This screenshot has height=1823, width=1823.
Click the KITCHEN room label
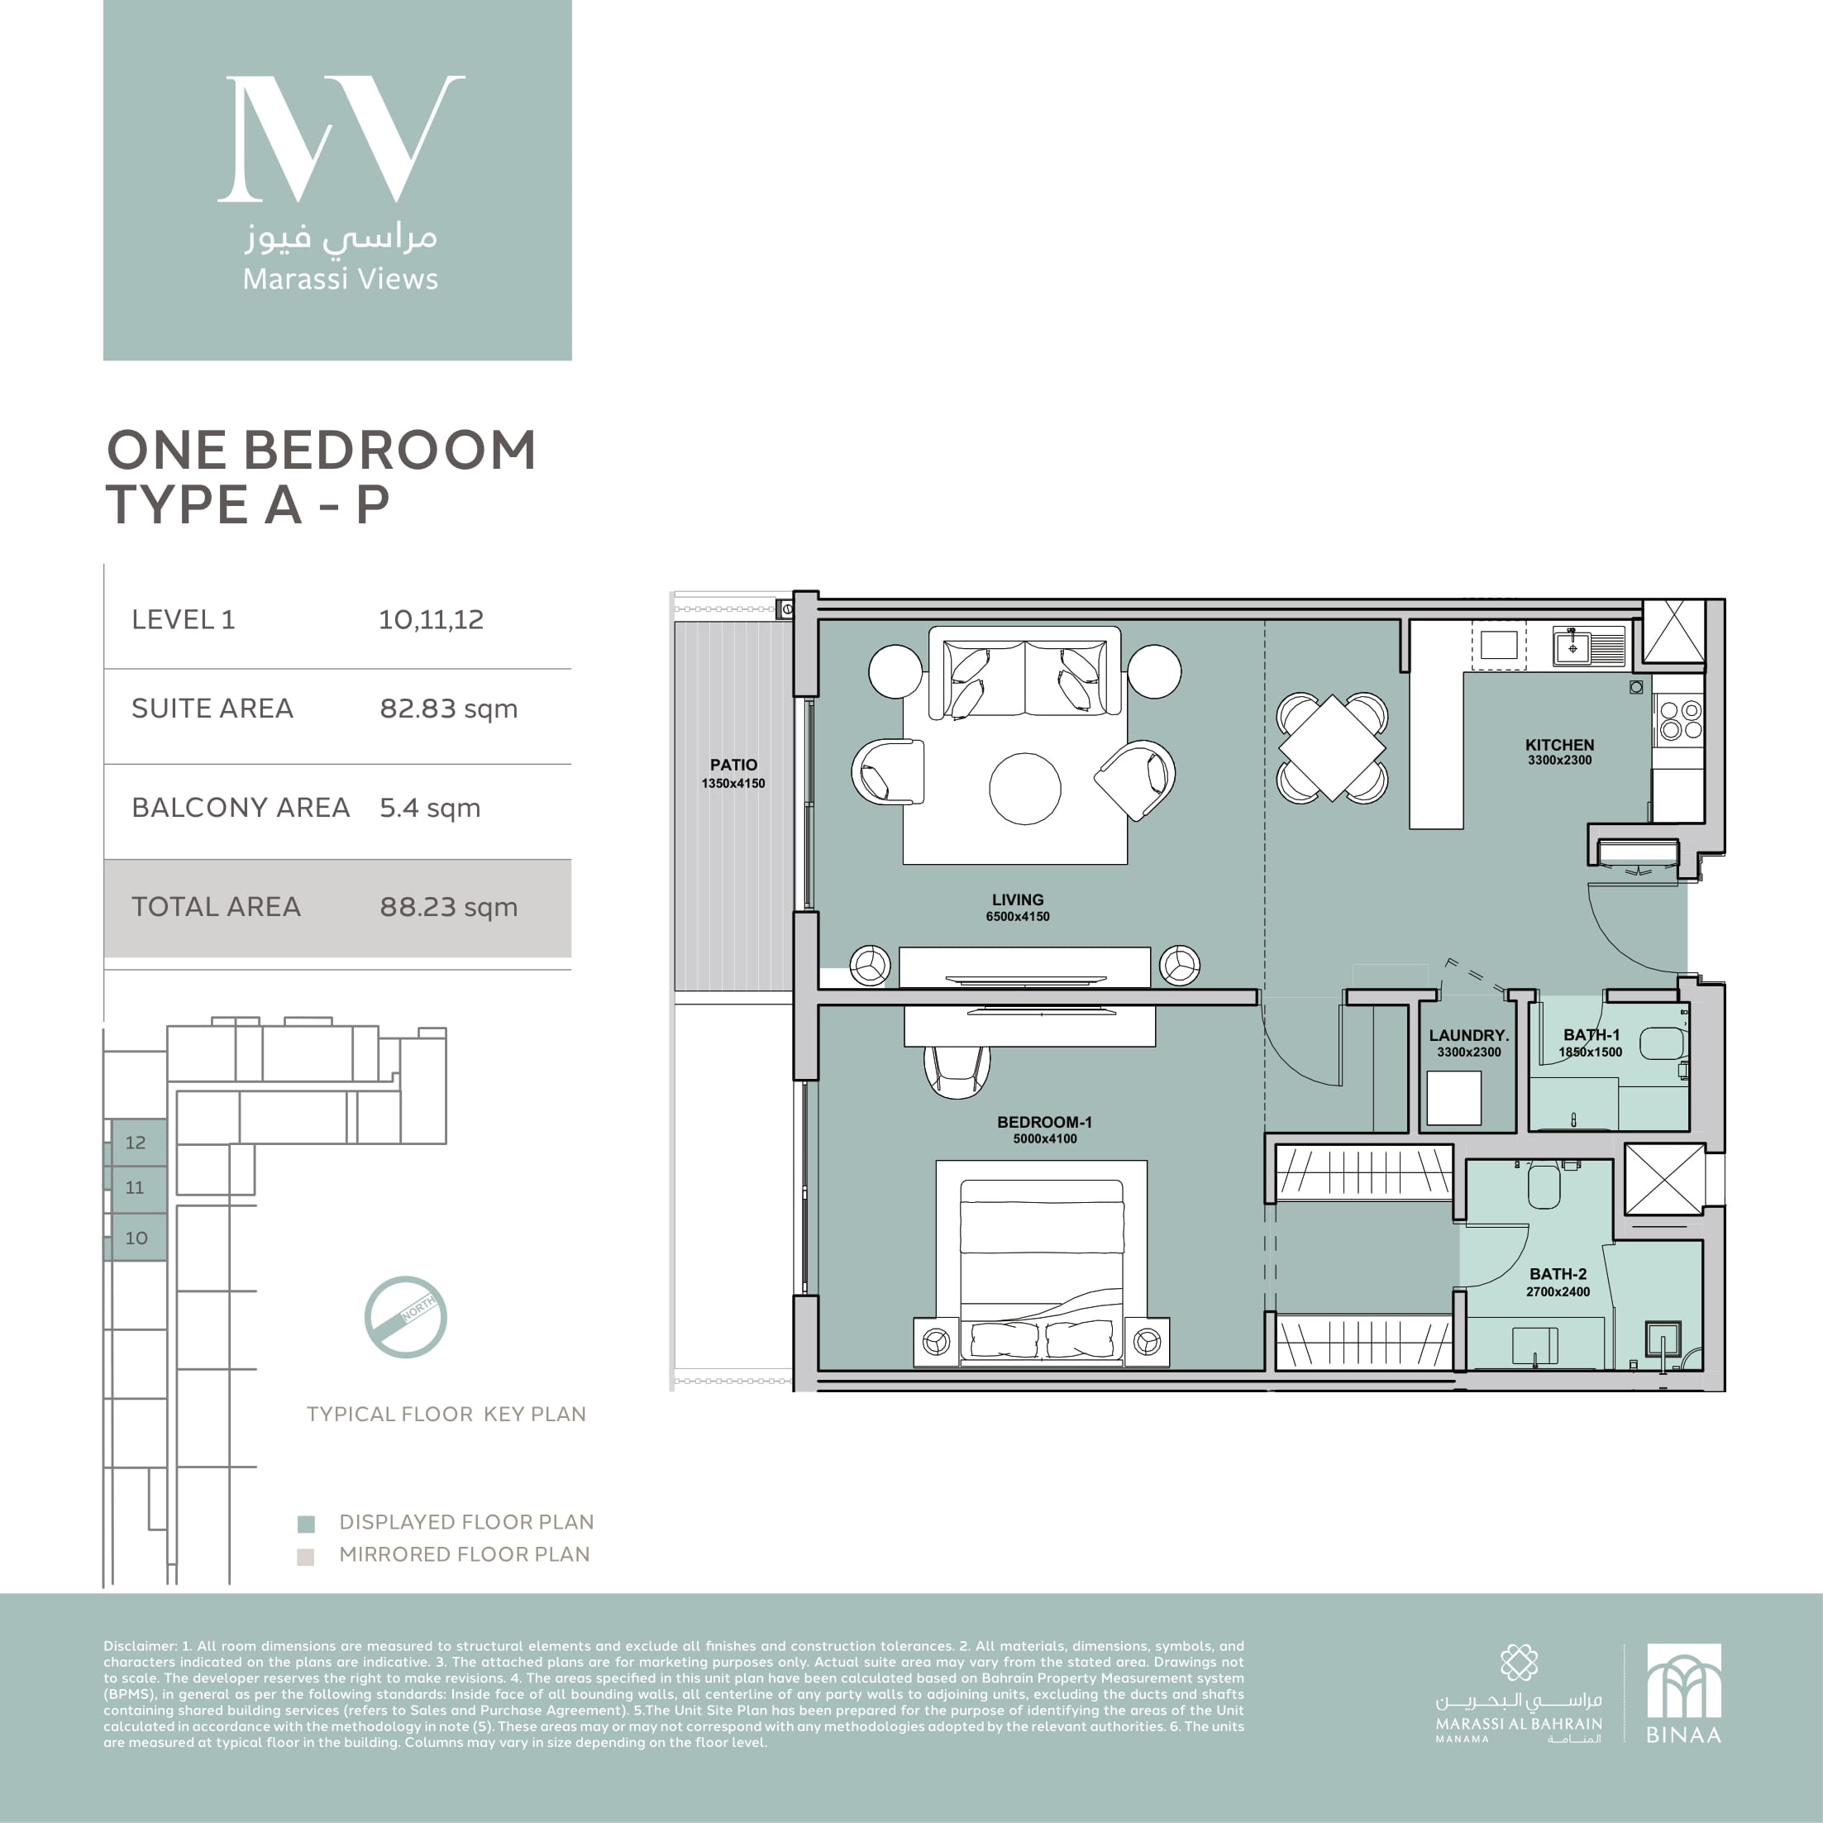point(1558,744)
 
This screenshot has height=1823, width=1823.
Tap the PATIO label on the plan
point(733,764)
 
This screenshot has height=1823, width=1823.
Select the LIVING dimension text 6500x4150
point(1017,916)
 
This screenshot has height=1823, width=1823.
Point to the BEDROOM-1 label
point(1044,1122)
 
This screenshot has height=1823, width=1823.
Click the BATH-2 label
point(1558,1274)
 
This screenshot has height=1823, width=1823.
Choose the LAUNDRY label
point(1468,1035)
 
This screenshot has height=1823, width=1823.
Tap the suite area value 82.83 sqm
point(448,709)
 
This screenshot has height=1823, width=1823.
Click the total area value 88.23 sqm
point(448,907)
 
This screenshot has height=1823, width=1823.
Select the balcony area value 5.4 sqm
point(429,808)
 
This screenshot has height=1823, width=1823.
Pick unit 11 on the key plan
point(135,1187)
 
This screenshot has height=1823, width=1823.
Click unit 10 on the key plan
point(136,1237)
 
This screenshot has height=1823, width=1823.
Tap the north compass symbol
point(406,1317)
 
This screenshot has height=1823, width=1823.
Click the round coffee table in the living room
point(1024,788)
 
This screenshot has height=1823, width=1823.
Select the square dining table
point(1331,747)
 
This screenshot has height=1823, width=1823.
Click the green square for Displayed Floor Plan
point(306,1524)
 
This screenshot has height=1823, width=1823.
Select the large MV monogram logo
point(341,139)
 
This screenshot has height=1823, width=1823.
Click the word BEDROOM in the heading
point(389,450)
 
